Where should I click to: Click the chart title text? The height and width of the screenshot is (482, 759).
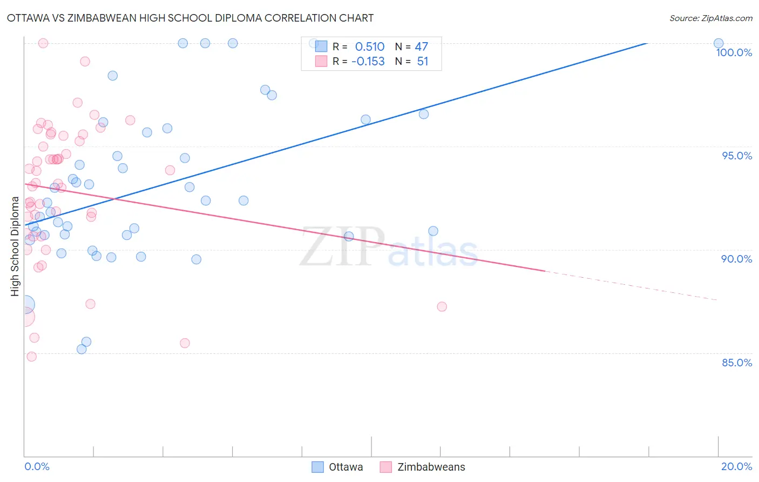pos(190,18)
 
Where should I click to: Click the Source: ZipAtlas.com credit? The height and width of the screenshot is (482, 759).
pos(710,18)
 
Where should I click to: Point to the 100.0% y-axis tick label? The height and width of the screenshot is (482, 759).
pos(734,52)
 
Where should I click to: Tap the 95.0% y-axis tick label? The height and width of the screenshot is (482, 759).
pos(737,156)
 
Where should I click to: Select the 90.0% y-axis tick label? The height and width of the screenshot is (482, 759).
pos(736,259)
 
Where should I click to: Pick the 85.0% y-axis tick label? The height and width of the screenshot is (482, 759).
pos(737,363)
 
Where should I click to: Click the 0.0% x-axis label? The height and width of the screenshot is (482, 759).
pos(37,466)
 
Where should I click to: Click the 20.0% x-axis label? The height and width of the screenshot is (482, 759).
pos(736,466)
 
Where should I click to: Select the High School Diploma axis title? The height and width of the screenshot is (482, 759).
pos(15,246)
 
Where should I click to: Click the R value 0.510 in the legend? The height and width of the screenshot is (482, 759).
pos(370,47)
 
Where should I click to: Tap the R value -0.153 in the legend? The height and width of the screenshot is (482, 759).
pos(368,62)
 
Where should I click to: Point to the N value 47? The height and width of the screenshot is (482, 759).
pos(421,47)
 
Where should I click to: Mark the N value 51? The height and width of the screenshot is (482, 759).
pos(422,62)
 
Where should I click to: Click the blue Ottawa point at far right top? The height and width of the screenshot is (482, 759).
pos(719,43)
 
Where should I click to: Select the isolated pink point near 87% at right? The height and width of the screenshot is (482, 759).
pos(442,306)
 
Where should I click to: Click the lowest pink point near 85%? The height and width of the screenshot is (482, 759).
pos(31,357)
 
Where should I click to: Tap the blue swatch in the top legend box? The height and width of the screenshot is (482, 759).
pos(321,46)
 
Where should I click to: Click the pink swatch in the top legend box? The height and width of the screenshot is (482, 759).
pos(321,61)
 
